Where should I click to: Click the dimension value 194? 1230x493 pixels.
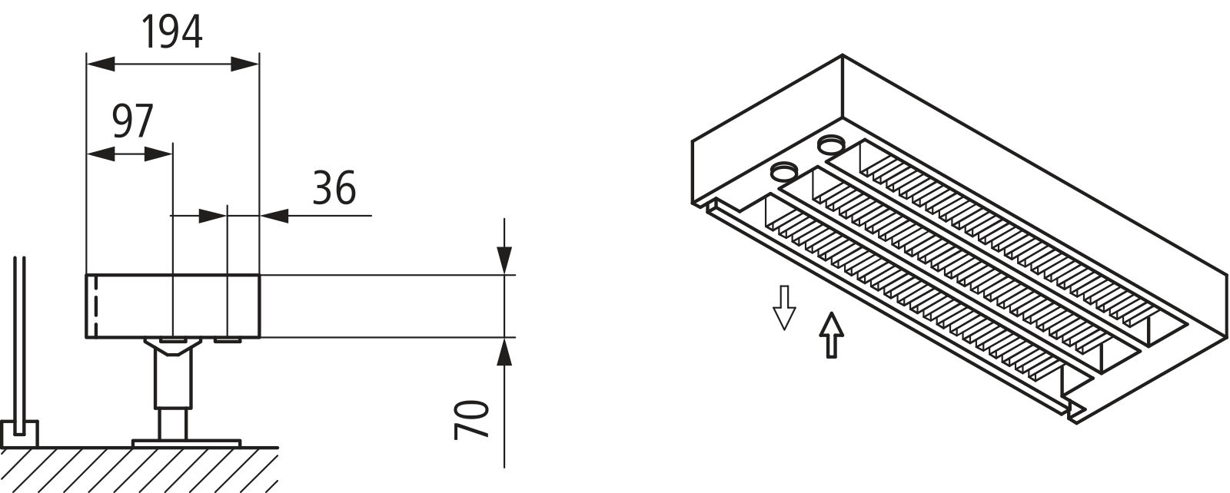(x=172, y=32)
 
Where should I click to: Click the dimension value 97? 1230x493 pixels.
(x=133, y=121)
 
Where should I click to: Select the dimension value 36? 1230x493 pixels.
(x=334, y=188)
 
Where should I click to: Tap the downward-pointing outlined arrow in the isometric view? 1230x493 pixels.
(x=783, y=306)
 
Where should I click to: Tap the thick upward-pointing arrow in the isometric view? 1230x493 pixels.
(x=831, y=336)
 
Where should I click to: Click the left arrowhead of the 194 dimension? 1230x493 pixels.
(x=100, y=64)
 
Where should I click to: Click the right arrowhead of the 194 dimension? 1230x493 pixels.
(x=245, y=64)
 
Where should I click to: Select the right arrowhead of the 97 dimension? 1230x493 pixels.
(x=159, y=154)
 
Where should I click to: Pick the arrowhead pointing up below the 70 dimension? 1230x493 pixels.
(x=504, y=352)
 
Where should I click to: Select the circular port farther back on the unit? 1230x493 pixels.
(x=829, y=143)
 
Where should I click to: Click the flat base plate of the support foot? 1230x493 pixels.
(x=186, y=443)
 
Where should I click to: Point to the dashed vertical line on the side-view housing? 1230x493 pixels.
(x=95, y=306)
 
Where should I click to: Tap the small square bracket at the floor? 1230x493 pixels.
(x=19, y=435)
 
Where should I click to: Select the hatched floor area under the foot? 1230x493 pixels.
(x=138, y=470)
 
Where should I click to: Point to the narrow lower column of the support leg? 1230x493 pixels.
(x=173, y=423)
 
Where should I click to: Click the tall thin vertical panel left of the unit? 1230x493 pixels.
(x=19, y=338)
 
